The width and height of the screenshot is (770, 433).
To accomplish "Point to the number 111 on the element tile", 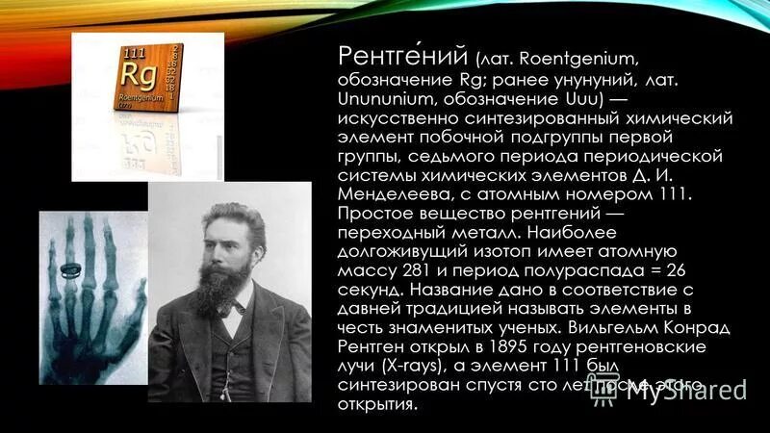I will click(x=137, y=50).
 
